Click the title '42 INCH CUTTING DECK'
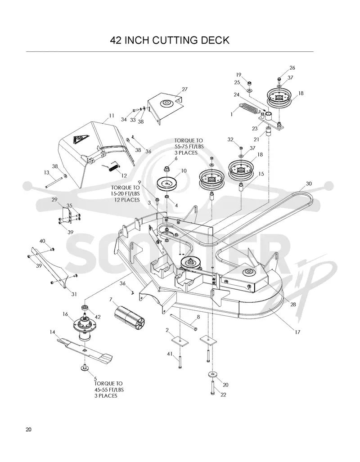click(170, 40)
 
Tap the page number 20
click(29, 430)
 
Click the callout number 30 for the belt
click(308, 184)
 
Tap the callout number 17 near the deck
click(297, 332)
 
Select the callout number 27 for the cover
click(184, 89)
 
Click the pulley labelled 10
click(168, 184)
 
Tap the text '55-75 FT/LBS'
click(189, 147)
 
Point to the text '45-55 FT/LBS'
click(109, 390)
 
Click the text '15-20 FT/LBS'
click(125, 193)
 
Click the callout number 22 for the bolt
click(224, 395)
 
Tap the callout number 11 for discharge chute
click(111, 116)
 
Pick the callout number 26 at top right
click(292, 68)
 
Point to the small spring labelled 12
click(112, 167)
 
